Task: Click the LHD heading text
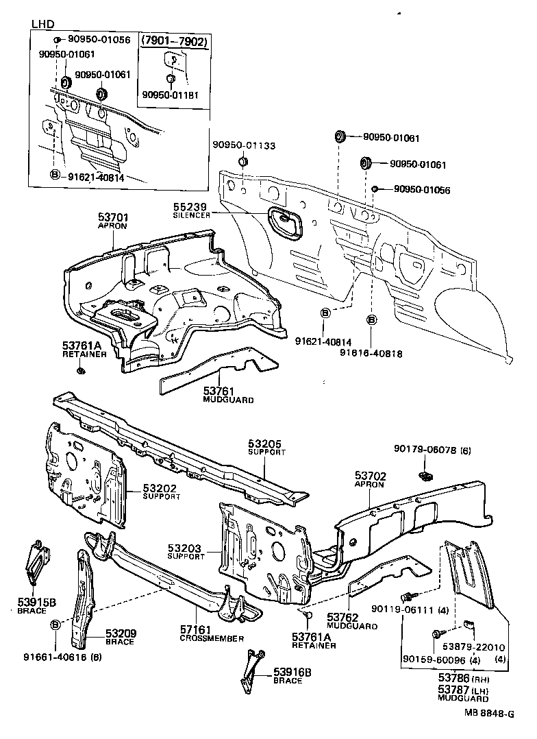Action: (x=42, y=24)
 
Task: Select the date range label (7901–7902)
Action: (x=174, y=41)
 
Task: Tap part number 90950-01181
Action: (x=171, y=95)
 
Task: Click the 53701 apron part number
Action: (x=113, y=217)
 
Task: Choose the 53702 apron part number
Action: (x=371, y=474)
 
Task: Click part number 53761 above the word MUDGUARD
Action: (x=218, y=390)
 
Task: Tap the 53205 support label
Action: (x=264, y=444)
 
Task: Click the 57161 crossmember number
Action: (x=197, y=629)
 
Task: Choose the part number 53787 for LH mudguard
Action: (x=453, y=688)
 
